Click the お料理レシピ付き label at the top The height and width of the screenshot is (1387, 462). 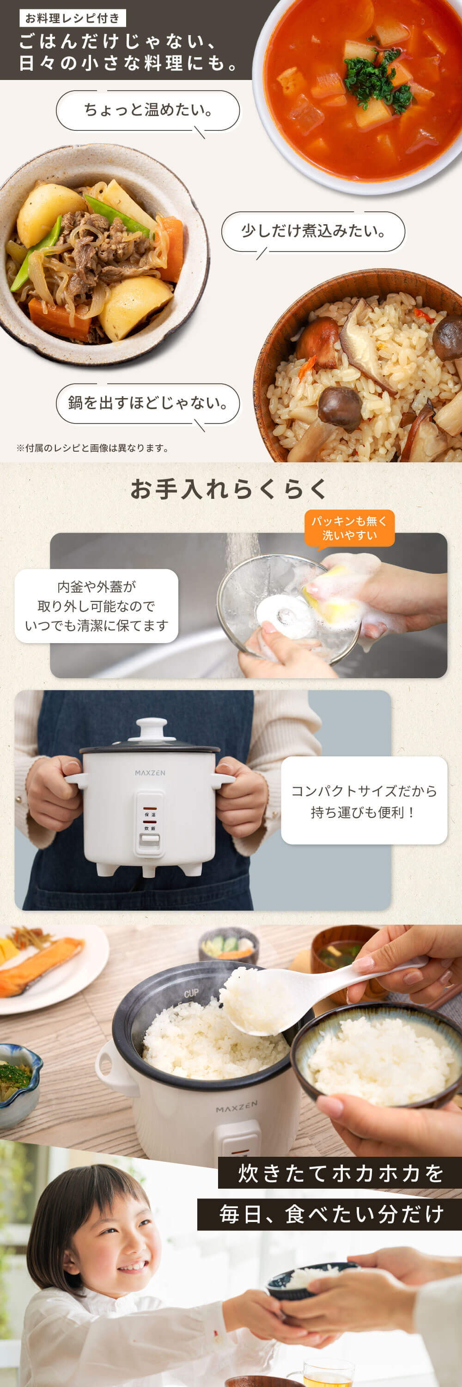(73, 18)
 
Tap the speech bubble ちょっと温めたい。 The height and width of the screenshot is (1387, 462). (147, 110)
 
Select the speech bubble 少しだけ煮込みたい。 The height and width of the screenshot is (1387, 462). (313, 231)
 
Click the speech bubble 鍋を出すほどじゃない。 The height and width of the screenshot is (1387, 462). (147, 403)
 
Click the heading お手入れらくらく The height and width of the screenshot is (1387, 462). (230, 489)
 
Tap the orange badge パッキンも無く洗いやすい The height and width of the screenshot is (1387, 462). (349, 528)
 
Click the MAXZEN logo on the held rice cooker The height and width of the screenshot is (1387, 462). (150, 773)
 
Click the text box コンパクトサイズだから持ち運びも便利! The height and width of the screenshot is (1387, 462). (364, 801)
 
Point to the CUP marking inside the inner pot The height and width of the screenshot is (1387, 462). (191, 994)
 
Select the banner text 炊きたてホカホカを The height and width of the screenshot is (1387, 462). (340, 1173)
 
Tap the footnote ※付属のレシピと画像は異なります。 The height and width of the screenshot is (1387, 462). (93, 448)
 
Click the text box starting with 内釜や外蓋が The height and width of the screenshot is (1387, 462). (97, 606)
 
